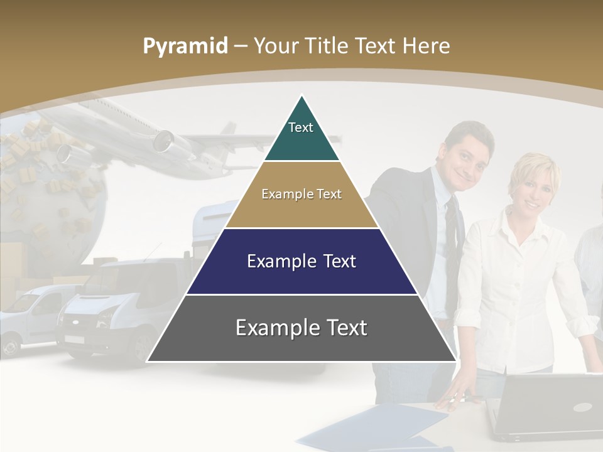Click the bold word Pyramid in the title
[x=185, y=46]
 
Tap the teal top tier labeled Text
[x=301, y=135]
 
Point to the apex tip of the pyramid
[x=301, y=97]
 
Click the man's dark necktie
[x=453, y=232]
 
